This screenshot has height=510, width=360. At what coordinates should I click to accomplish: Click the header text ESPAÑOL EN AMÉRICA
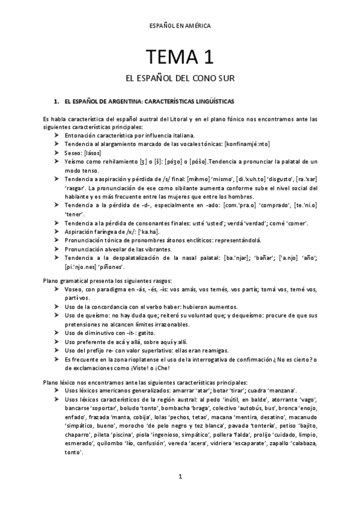(x=180, y=26)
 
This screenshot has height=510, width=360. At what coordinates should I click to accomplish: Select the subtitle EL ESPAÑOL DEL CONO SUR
(x=180, y=79)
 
